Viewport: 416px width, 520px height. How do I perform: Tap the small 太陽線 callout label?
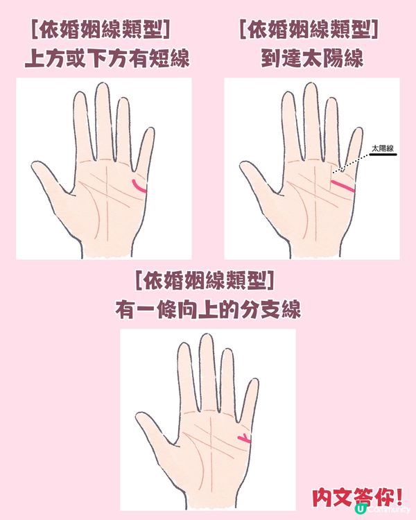(x=382, y=148)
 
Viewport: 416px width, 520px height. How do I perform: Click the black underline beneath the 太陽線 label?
(x=383, y=156)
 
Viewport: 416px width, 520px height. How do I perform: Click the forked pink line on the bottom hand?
(x=244, y=437)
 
